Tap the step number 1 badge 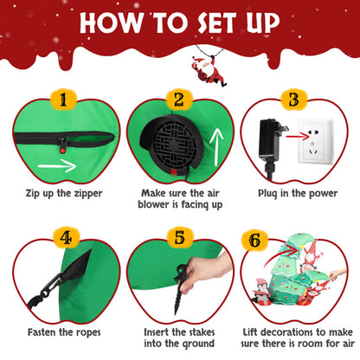(x=61, y=101)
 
